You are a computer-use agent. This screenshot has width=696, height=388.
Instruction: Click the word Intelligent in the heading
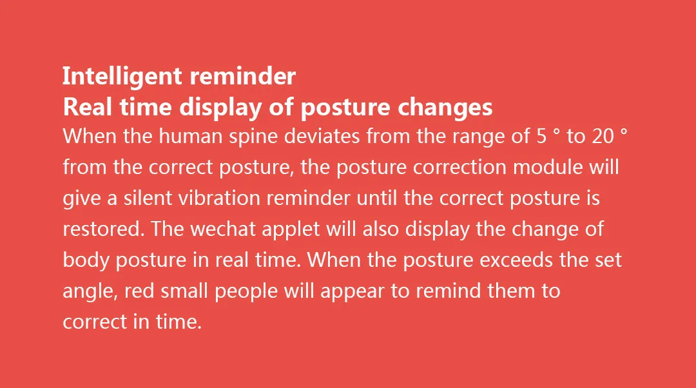[x=122, y=77]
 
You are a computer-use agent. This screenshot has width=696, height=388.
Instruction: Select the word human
[x=190, y=136]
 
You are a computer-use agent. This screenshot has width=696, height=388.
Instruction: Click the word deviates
[x=322, y=136]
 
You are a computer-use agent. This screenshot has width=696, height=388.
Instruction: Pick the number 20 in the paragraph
[x=603, y=136]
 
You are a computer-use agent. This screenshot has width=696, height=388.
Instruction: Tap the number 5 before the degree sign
[x=541, y=136]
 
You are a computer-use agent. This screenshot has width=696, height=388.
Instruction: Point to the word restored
[x=104, y=229]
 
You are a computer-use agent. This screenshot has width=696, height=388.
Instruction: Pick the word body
[x=86, y=261]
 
